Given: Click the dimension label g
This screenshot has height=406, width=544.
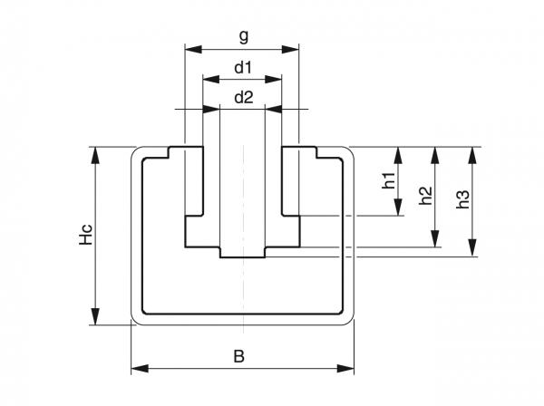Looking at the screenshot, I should pos(243,36).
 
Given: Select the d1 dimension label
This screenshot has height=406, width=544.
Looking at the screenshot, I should pos(242,67).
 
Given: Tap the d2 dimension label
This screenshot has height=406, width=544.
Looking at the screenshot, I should pos(242,97).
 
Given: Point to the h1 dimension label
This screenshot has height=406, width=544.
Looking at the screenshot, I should pos(388,180).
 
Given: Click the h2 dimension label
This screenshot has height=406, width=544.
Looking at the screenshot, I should pos(426,196).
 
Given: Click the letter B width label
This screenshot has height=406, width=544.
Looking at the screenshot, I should pos(238,356).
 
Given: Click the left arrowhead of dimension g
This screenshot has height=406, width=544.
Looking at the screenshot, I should pos(189,47).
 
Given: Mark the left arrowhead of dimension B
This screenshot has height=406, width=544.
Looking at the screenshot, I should pos(137,368).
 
